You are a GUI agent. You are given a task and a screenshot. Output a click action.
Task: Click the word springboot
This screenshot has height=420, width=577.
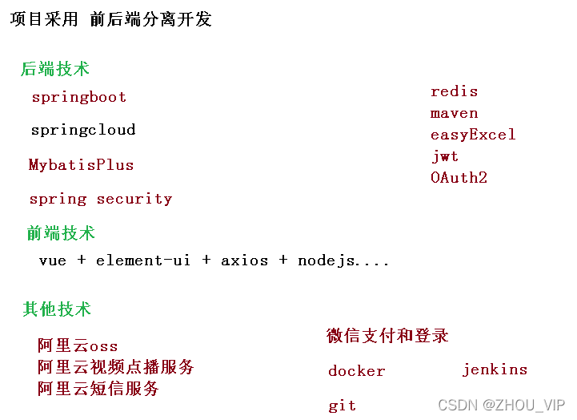pyautogui.click(x=79, y=97)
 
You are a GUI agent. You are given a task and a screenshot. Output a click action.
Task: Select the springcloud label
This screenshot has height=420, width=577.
pyautogui.click(x=83, y=130)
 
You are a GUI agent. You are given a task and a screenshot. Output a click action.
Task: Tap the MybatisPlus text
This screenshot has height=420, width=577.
pyautogui.click(x=81, y=165)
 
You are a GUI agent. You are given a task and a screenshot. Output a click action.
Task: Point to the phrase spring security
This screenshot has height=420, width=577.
pyautogui.click(x=100, y=199)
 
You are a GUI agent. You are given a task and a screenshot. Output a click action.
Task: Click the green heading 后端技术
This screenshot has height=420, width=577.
pyautogui.click(x=54, y=69)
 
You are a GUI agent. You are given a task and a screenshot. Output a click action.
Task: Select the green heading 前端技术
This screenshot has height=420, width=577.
pyautogui.click(x=61, y=233)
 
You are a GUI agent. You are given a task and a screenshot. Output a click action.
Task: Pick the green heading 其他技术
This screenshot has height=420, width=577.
pyautogui.click(x=57, y=309)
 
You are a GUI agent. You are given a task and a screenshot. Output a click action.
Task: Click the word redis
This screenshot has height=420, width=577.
pyautogui.click(x=454, y=91)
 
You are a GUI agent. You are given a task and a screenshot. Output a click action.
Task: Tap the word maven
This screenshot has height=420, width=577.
pyautogui.click(x=454, y=113)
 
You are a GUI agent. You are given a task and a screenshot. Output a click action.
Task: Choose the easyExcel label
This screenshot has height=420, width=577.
pyautogui.click(x=473, y=135)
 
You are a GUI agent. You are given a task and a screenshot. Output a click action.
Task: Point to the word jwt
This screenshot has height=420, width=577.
pyautogui.click(x=445, y=155)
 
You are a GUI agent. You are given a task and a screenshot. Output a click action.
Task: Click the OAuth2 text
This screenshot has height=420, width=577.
pyautogui.click(x=459, y=177)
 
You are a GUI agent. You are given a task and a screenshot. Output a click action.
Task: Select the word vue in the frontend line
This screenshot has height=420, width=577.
pyautogui.click(x=52, y=260)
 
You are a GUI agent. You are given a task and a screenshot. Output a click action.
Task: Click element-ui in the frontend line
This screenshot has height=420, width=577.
pyautogui.click(x=143, y=260)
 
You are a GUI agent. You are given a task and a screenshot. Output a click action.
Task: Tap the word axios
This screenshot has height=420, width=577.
pyautogui.click(x=244, y=260)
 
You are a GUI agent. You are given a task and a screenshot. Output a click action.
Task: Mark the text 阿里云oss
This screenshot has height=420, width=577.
pyautogui.click(x=78, y=346)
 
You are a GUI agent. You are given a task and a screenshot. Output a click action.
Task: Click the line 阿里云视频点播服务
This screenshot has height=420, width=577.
pyautogui.click(x=115, y=367)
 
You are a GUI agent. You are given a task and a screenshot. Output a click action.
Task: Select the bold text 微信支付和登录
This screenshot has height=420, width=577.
pyautogui.click(x=387, y=336)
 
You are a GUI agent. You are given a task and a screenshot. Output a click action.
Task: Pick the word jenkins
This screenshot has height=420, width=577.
pyautogui.click(x=495, y=370)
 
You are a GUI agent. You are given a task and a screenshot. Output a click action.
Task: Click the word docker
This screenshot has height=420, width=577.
pyautogui.click(x=356, y=371)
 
